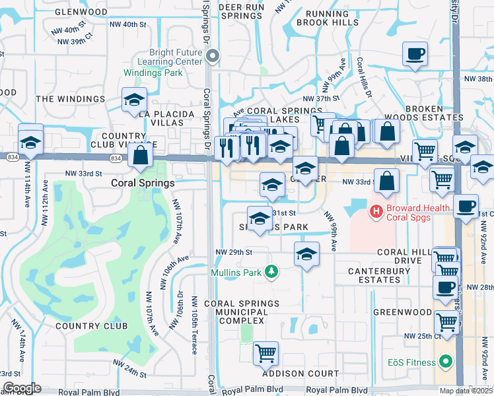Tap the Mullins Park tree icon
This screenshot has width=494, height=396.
coord(270,271)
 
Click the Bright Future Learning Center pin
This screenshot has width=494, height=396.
coord(213,57)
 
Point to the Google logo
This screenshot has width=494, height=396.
coord(22,388)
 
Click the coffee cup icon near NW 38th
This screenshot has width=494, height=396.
coord(415,53)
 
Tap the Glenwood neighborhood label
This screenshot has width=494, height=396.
coord(82,12)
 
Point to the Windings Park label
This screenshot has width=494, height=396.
coord(153,73)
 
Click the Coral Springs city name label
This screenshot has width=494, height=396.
coord(142,183)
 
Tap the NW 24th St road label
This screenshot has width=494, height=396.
coord(129,370)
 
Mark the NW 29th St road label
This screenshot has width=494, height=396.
coord(234,252)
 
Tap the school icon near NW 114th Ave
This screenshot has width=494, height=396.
coord(30,142)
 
